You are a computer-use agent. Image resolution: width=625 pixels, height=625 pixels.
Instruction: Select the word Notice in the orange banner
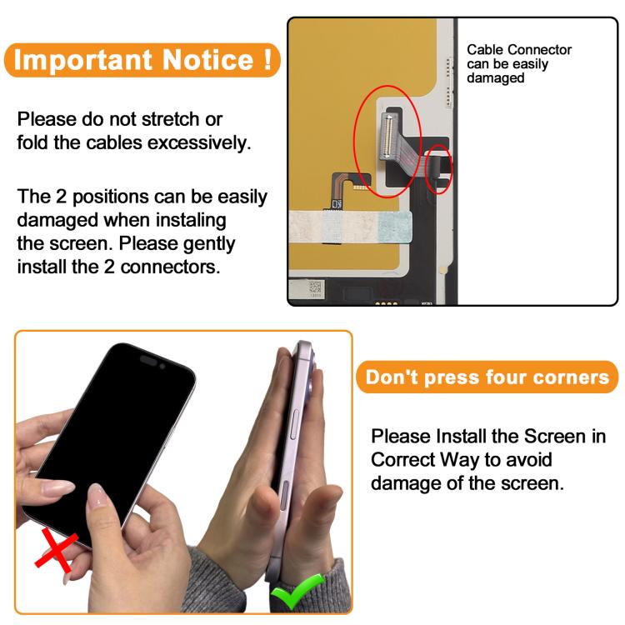[207, 60]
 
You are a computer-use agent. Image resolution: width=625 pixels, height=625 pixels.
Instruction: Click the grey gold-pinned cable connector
[387, 135]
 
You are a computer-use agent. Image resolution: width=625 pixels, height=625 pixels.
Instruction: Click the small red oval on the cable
[438, 169]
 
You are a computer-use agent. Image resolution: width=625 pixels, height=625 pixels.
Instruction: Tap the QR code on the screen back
[315, 287]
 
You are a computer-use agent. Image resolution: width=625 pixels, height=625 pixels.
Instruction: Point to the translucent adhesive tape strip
[350, 227]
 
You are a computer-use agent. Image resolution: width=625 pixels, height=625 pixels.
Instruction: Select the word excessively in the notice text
[199, 142]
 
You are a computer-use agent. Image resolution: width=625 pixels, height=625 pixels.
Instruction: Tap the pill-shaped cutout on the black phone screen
[148, 360]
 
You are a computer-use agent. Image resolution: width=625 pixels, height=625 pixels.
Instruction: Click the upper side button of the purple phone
[294, 424]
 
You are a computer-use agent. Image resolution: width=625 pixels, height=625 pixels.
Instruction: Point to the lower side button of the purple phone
[284, 495]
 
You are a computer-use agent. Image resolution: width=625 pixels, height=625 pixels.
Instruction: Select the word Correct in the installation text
[402, 459]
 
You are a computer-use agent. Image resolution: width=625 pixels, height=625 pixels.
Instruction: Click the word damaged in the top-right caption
[496, 77]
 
